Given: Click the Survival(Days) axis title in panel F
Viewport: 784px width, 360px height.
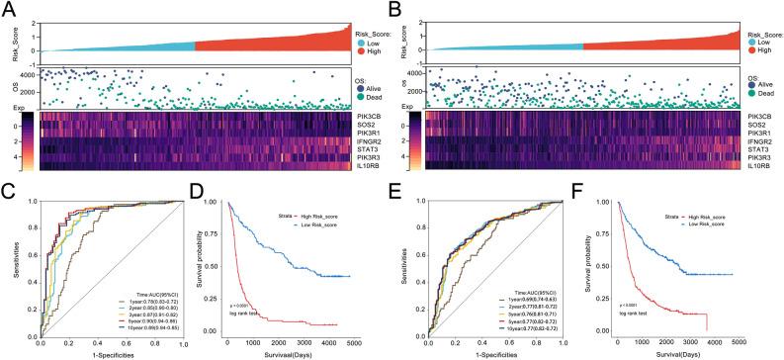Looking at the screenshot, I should (692, 354).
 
